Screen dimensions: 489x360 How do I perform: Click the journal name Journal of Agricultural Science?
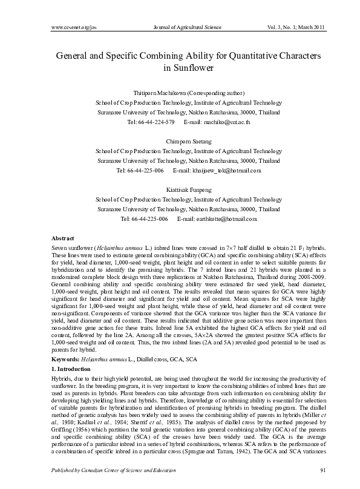pyautogui.click(x=188, y=28)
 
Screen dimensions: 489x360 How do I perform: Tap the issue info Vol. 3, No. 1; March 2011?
pyautogui.click(x=296, y=28)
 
